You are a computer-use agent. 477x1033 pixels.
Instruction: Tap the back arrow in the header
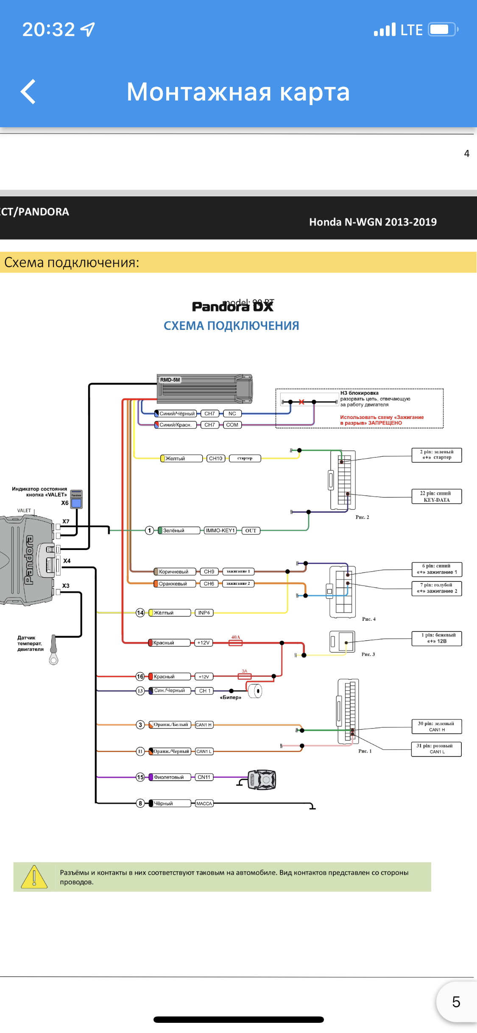pos(28,92)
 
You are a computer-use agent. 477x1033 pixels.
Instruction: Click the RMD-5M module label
pos(170,380)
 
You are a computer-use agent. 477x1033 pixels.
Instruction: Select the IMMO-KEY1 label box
pos(220,530)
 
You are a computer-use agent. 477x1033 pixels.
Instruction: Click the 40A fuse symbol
pos(236,643)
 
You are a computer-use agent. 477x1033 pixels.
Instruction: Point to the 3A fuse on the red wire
pos(245,676)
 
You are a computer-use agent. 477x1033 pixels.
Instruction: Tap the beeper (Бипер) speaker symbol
pos(256,691)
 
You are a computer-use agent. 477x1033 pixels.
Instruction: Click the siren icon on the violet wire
pos(262,779)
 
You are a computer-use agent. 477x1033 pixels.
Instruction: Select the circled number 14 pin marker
pos(140,613)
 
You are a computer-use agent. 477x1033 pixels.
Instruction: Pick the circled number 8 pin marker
pos(140,803)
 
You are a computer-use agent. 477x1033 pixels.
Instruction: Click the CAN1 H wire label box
pos(204,725)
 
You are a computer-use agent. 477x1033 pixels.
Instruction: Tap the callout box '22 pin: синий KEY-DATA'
pos(436,497)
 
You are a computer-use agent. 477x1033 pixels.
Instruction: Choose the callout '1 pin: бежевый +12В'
pos(436,638)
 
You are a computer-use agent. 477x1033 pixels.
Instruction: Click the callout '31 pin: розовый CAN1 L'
pos(436,749)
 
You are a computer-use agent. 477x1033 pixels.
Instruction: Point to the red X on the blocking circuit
pos(301,402)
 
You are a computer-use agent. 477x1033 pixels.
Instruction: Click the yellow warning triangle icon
pos(34,877)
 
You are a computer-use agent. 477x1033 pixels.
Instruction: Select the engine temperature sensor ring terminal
pos(53,659)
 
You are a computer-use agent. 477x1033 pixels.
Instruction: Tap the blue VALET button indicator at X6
pos(76,503)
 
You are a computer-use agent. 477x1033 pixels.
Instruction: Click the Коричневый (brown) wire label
pos(173,572)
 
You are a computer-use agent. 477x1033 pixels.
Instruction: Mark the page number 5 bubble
pos(456,1002)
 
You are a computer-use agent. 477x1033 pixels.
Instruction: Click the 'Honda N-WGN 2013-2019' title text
pos(373,222)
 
